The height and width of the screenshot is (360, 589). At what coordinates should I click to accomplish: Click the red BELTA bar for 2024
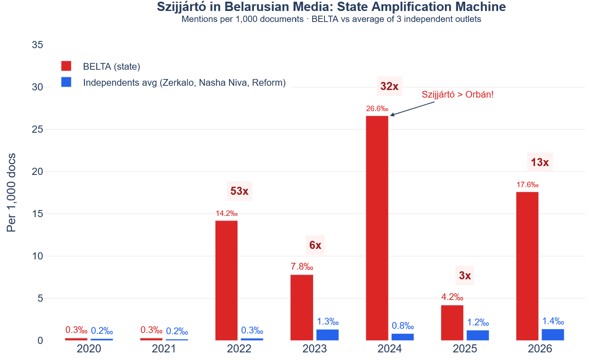(377, 228)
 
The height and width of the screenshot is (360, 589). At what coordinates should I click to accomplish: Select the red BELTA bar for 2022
(226, 281)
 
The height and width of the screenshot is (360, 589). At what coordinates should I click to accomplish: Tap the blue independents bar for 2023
(327, 335)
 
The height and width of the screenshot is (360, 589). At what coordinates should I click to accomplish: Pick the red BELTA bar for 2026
(527, 266)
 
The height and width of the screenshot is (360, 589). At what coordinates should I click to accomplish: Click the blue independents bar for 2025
(477, 335)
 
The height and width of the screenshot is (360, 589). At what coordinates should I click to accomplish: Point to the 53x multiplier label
(240, 191)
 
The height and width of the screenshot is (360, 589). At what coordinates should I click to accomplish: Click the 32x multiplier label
(389, 87)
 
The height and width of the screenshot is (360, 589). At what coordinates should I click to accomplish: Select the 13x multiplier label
(540, 163)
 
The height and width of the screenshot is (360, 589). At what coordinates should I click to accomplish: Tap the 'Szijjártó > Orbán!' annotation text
(458, 95)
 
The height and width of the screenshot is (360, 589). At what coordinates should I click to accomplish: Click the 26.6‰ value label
(377, 109)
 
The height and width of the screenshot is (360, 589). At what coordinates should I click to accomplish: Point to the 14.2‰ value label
(226, 214)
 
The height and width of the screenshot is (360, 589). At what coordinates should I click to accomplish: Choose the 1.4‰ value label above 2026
(553, 322)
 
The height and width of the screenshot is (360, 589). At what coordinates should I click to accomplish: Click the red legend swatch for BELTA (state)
(66, 66)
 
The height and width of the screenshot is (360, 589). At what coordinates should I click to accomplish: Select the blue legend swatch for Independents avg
(66, 82)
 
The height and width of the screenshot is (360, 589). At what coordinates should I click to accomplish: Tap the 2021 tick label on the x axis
(164, 349)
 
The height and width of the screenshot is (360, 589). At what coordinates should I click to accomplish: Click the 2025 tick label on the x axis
(465, 349)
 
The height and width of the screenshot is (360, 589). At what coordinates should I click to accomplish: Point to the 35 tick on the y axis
(38, 45)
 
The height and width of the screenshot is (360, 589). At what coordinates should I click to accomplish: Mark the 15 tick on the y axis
(38, 214)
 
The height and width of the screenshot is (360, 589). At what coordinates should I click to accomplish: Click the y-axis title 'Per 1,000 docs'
(11, 193)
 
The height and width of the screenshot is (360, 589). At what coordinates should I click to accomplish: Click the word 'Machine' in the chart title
(483, 7)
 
